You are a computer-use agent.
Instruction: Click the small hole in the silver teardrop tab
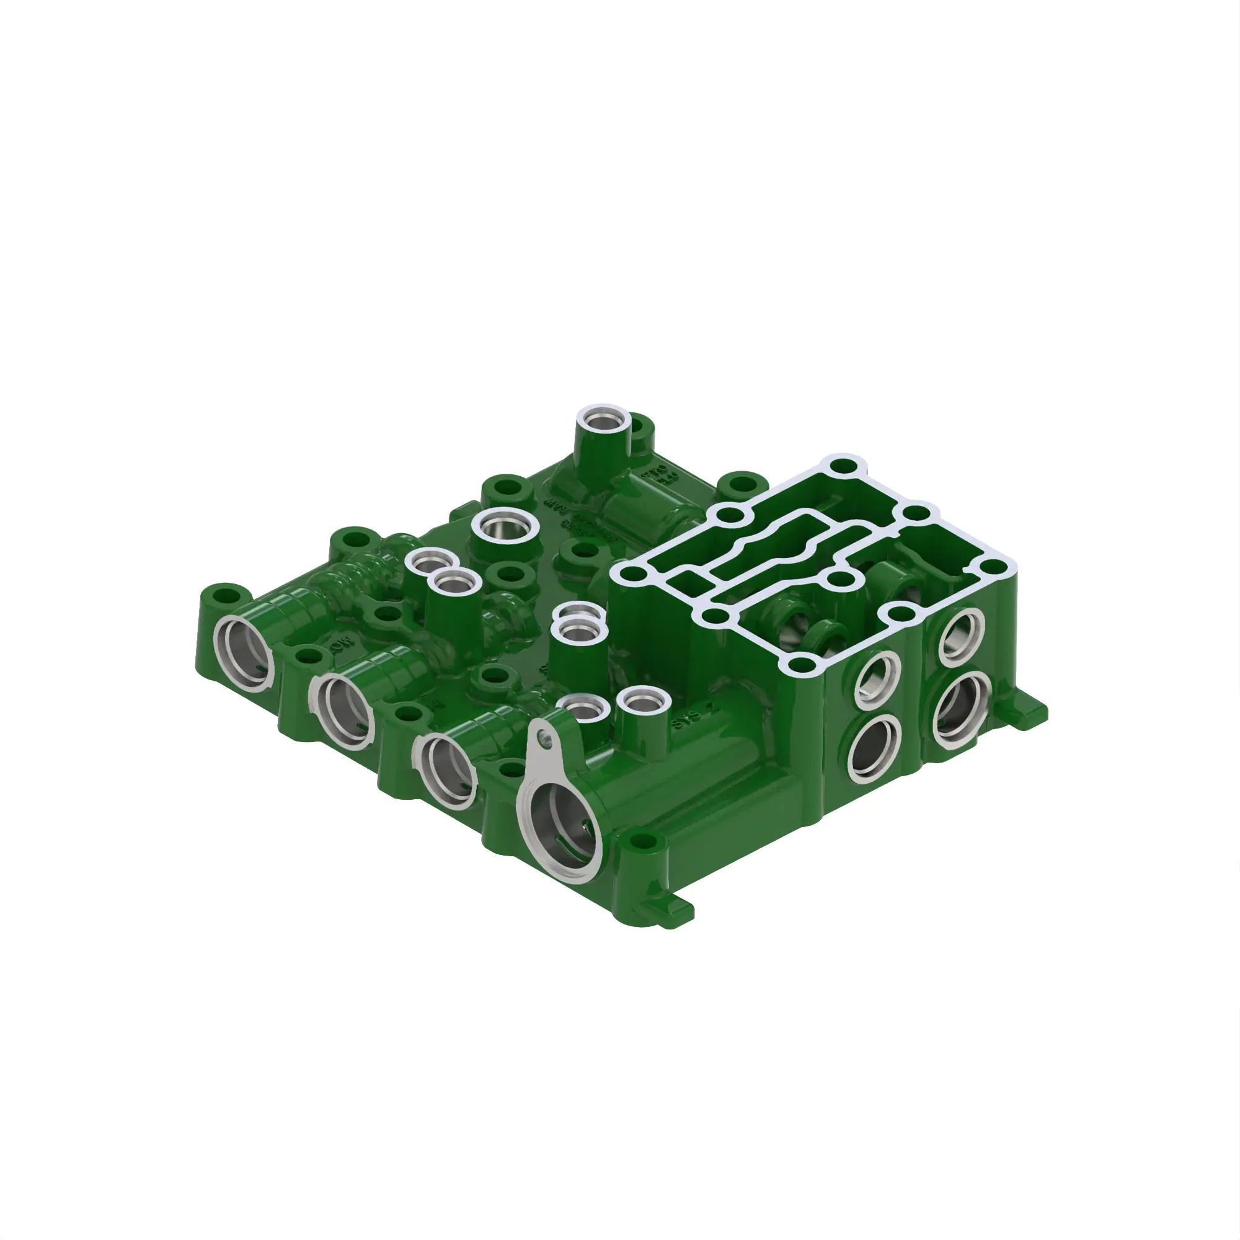546,742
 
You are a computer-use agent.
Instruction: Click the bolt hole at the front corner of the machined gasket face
798,664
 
